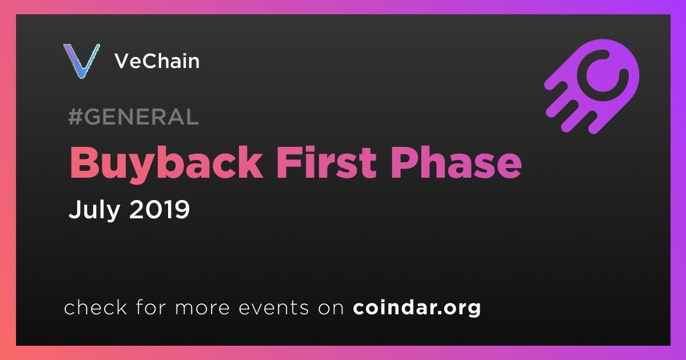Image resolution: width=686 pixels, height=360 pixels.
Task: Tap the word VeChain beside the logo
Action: pos(157,61)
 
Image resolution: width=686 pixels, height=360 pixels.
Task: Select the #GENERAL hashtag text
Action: pos(134,117)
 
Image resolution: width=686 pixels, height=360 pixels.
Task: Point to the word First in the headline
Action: pos(326,162)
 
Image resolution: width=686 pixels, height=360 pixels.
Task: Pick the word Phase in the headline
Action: pos(456,162)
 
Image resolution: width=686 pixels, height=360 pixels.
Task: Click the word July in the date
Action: pos(94,209)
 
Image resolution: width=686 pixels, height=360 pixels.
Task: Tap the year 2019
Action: pos(159,209)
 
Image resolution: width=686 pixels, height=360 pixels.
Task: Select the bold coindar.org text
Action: pos(417,307)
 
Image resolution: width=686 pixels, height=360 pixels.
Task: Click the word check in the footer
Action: pos(95,307)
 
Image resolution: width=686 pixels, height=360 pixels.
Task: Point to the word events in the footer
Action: pos(274,308)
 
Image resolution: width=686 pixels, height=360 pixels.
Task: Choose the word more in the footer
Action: pos(202,309)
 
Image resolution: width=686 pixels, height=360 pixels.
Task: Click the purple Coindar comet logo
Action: pos(592,86)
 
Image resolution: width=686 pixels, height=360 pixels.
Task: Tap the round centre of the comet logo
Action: pos(604,75)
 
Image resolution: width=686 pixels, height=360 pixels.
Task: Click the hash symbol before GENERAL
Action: pos(75,117)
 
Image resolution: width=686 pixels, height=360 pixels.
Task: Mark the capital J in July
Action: pos(74,209)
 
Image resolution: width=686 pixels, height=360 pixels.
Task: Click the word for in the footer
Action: pos(151,307)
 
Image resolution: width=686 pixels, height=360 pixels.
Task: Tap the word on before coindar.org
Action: pos(331,309)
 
